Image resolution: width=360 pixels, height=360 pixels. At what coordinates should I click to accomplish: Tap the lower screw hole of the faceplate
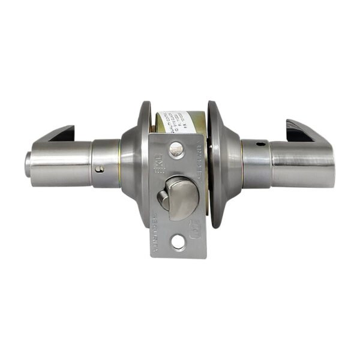(x=178, y=242)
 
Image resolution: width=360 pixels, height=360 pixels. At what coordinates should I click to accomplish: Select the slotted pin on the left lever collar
(x=100, y=169)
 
